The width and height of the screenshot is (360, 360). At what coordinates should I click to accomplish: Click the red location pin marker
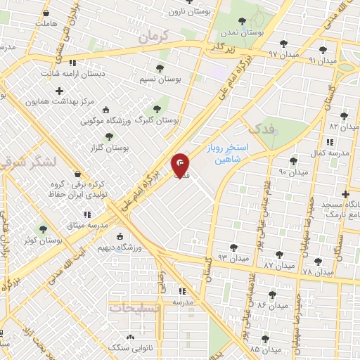click(180, 166)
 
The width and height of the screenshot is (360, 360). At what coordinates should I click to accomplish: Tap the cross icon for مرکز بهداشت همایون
click(59, 90)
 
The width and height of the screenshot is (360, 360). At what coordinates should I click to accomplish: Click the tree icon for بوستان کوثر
click(44, 229)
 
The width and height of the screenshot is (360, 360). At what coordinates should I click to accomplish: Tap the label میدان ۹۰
click(293, 172)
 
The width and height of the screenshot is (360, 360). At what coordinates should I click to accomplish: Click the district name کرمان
click(155, 37)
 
